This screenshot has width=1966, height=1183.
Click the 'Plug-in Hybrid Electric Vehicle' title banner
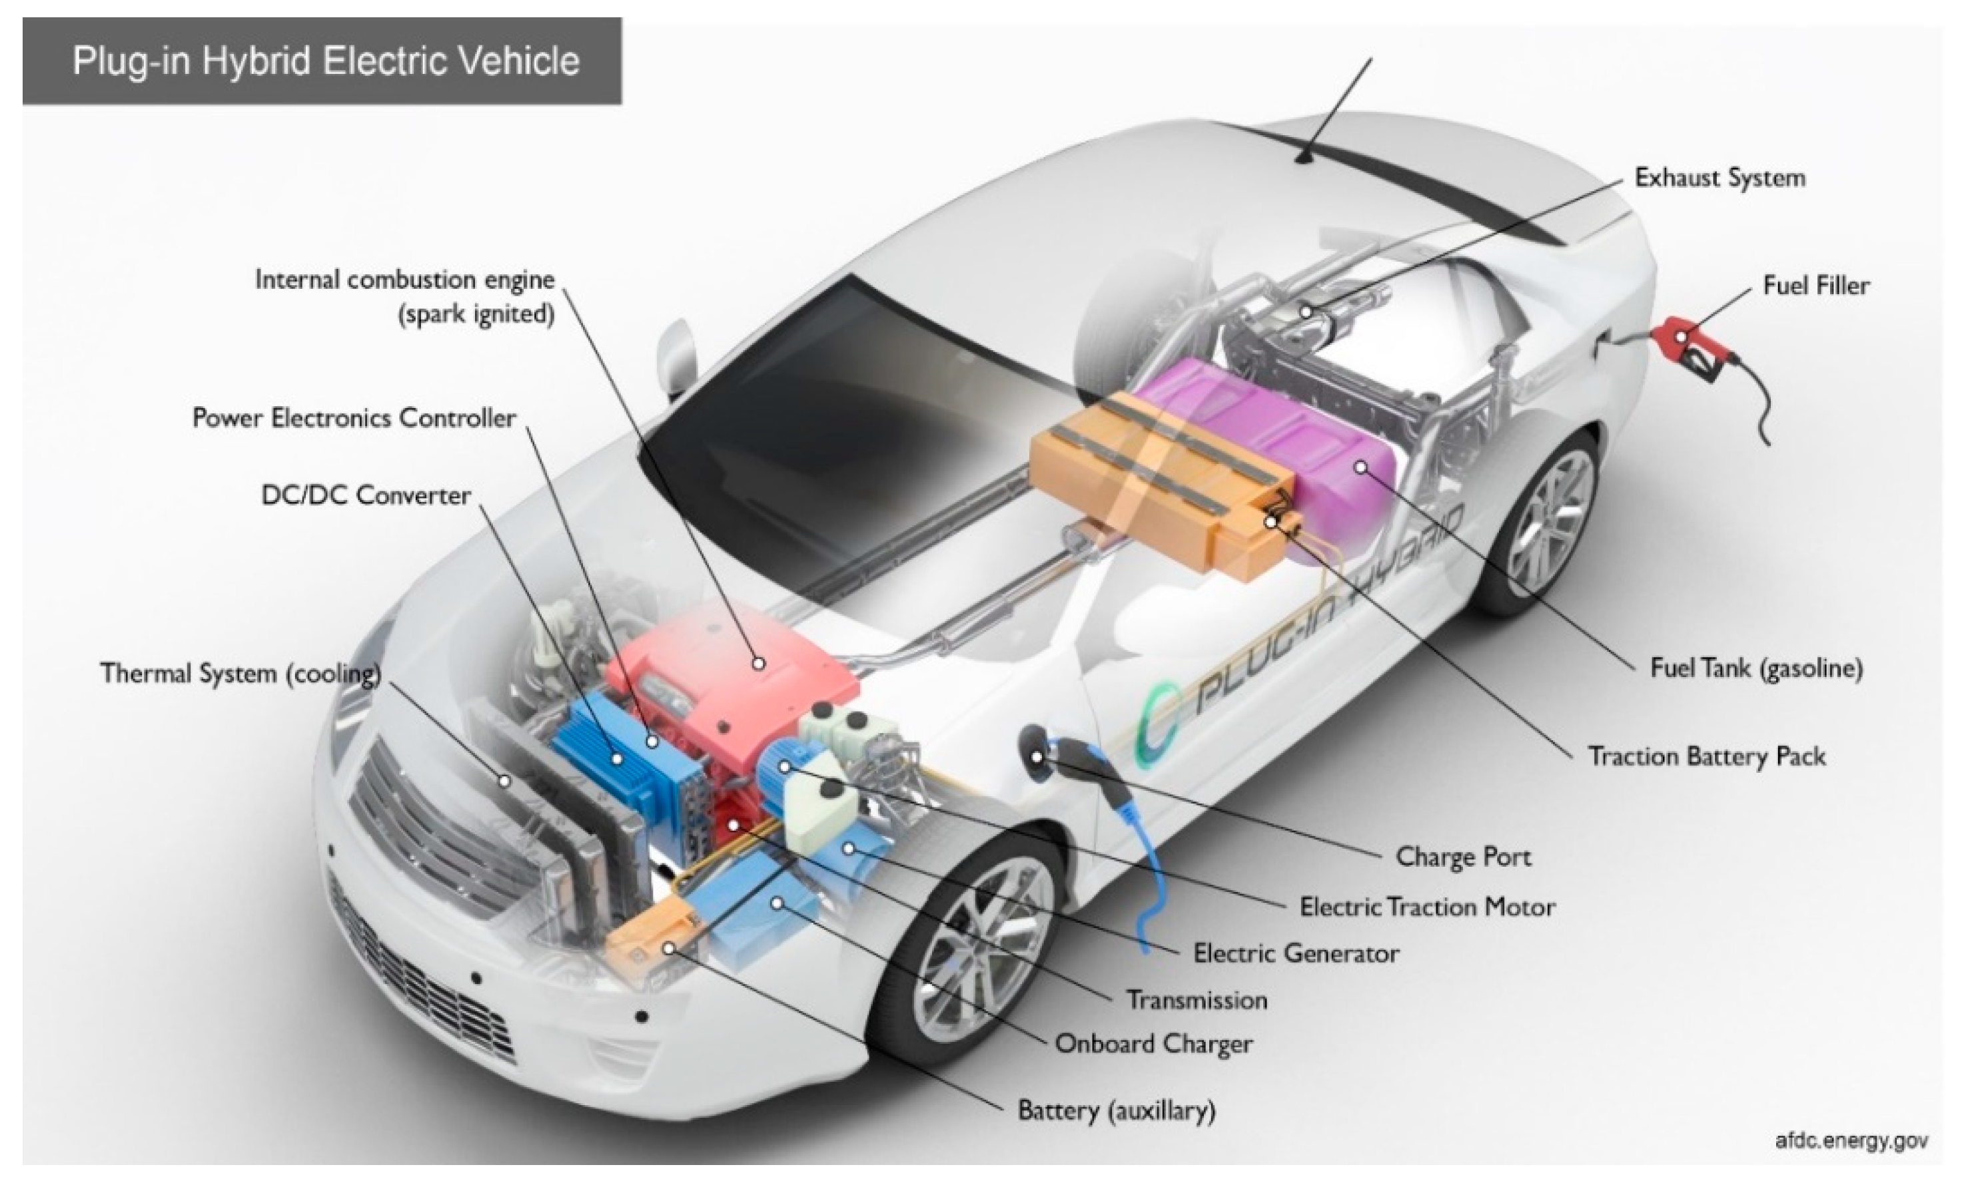pyautogui.click(x=322, y=61)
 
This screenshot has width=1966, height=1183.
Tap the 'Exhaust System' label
pyautogui.click(x=1719, y=177)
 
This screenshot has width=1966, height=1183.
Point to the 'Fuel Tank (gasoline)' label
pyautogui.click(x=1756, y=668)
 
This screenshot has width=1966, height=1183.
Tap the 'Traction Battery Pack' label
pyautogui.click(x=1707, y=756)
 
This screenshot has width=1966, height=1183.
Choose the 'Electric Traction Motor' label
pyautogui.click(x=1427, y=907)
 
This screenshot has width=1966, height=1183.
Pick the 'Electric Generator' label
pyautogui.click(x=1296, y=953)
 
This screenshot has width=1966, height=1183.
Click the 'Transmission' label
pyautogui.click(x=1197, y=1000)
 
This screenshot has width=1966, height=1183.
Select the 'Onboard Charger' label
pyautogui.click(x=1153, y=1043)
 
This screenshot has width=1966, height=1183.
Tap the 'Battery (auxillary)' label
pyautogui.click(x=1117, y=1110)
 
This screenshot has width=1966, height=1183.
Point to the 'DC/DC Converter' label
pyautogui.click(x=366, y=495)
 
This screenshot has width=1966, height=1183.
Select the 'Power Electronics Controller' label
pyautogui.click(x=354, y=417)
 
